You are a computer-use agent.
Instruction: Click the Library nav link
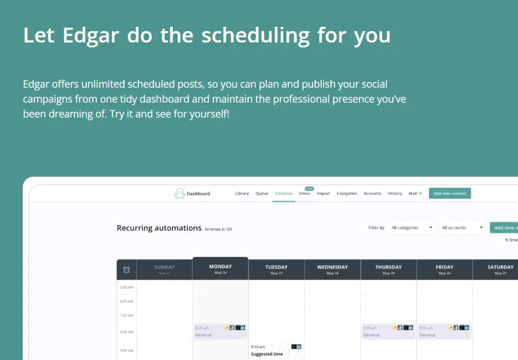point(242,194)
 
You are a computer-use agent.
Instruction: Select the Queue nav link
point(262,194)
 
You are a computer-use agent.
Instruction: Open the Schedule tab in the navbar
point(284,194)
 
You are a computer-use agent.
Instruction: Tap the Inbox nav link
point(305,194)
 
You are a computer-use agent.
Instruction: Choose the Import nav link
point(323,194)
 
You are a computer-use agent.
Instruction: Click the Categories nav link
point(347,194)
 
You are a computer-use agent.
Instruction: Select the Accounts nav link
point(372,194)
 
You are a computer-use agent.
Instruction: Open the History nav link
point(395,194)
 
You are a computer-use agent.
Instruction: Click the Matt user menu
point(415,194)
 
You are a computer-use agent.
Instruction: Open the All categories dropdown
point(412,228)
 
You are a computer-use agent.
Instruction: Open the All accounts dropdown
point(462,228)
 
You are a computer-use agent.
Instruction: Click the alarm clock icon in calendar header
point(126,269)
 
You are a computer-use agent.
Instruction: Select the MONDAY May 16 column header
point(220,269)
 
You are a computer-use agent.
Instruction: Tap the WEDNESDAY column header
point(332,269)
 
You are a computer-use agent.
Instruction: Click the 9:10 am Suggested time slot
point(276,350)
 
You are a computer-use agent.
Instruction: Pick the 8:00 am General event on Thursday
point(388,331)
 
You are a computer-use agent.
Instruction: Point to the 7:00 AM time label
point(126,316)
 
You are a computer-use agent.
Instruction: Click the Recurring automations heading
point(159,228)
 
